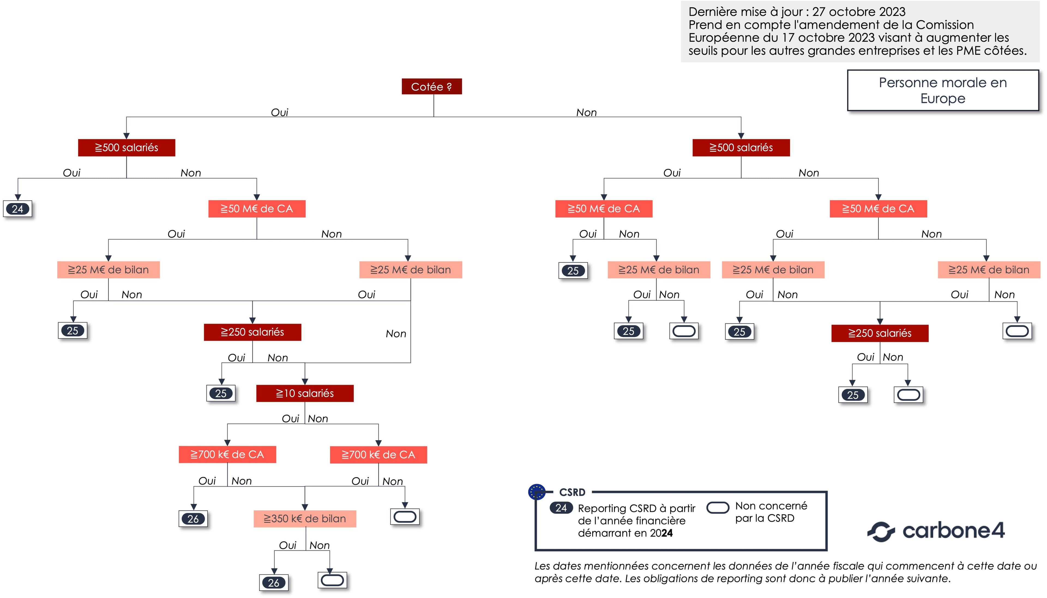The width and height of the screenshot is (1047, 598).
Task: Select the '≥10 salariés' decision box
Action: tap(305, 393)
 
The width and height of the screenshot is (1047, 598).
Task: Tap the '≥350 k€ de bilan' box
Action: tap(305, 519)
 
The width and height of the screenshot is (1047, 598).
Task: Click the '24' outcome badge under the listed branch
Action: tap(18, 209)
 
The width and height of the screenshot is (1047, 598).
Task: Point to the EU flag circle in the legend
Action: tap(537, 492)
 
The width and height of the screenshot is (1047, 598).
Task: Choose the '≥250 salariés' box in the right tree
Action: tap(880, 333)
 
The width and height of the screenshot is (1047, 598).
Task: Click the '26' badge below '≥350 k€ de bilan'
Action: tap(274, 582)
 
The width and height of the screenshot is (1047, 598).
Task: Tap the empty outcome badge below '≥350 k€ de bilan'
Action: tap(332, 580)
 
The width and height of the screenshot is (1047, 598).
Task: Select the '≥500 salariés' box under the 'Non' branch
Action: tap(741, 147)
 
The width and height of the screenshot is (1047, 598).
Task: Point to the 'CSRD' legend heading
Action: tap(572, 492)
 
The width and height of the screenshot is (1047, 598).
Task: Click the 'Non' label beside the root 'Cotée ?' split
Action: tap(586, 112)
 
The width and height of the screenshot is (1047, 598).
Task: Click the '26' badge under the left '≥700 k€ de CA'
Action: tap(193, 519)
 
